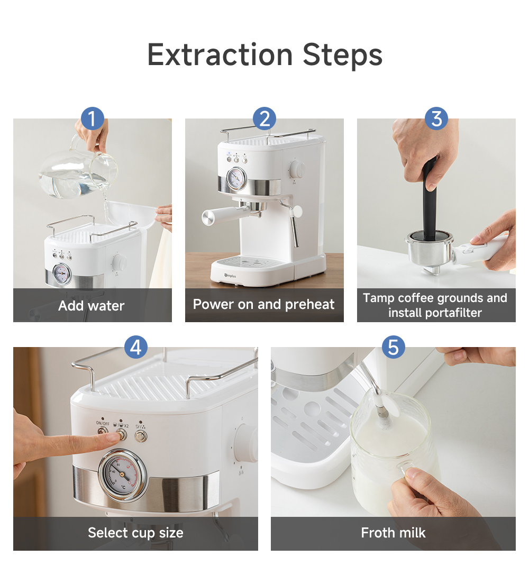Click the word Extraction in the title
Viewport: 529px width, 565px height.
point(220,55)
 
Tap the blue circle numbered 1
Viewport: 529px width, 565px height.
point(93,119)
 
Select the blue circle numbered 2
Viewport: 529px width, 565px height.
point(264,119)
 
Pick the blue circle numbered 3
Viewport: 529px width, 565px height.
point(436,119)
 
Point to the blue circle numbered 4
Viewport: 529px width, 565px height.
point(136,347)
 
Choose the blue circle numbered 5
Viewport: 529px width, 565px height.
point(393,347)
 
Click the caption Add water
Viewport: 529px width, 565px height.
point(92,306)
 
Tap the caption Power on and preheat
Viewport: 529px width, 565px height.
point(264,305)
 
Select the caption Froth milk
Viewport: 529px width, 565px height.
point(393,533)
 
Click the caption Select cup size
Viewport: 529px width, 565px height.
point(135,533)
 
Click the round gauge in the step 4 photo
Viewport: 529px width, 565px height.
point(123,475)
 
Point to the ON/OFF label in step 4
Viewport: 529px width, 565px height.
point(103,423)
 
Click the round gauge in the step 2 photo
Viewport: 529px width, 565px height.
point(236,178)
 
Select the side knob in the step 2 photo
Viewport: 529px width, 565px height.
point(297,169)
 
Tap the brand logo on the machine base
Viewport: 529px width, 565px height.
point(230,276)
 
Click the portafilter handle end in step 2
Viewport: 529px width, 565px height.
point(208,218)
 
